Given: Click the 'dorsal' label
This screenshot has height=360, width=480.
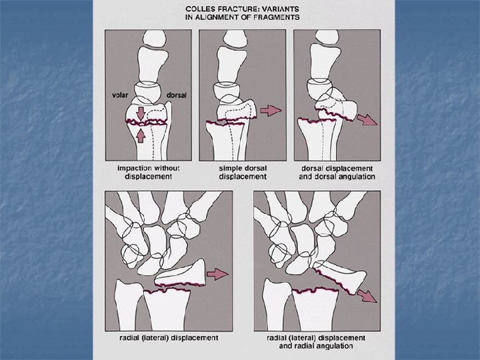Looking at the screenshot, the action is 177,95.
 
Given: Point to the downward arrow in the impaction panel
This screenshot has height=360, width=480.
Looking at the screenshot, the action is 141,113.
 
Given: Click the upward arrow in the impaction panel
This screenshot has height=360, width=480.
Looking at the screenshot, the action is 141,136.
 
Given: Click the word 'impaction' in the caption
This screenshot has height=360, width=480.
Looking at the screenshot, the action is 129,169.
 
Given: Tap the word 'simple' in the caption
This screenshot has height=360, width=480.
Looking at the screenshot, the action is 231,169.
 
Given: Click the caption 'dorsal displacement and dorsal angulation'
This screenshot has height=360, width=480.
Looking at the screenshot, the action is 336,173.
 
